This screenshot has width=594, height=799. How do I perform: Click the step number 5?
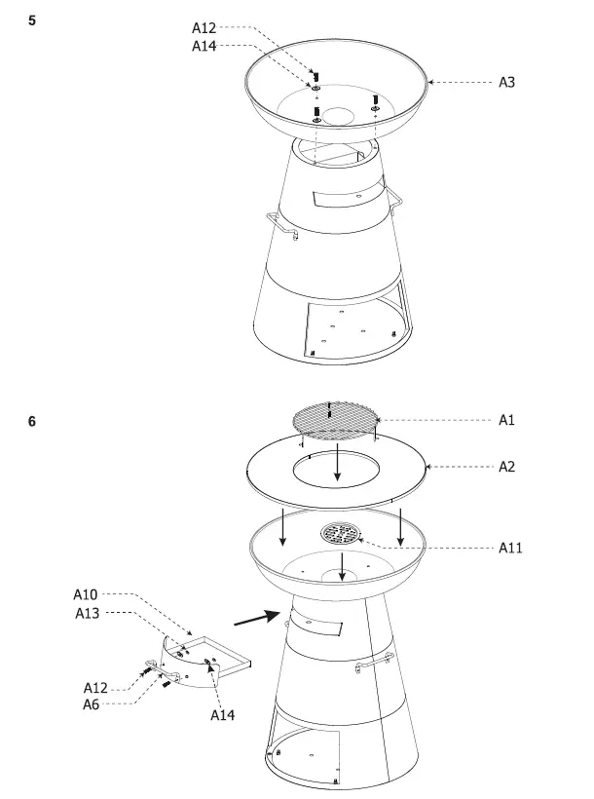click(32, 19)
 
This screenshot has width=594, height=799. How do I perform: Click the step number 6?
click(32, 422)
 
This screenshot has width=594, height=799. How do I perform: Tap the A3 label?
click(506, 83)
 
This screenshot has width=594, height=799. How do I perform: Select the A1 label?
click(506, 420)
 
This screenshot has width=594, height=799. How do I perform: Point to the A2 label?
click(506, 467)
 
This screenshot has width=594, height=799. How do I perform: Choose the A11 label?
click(510, 548)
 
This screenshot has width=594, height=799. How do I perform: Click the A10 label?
click(86, 593)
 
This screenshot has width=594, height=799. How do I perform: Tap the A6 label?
click(91, 704)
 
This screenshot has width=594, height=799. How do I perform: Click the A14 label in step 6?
click(223, 714)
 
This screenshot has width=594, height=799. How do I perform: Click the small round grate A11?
click(341, 533)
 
